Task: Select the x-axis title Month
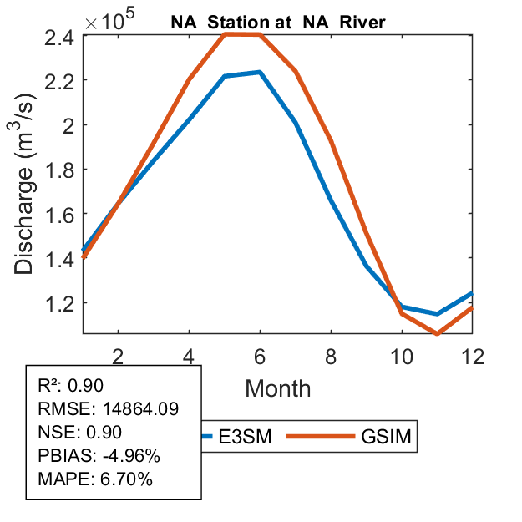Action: [x=278, y=388]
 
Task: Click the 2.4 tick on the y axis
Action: [x=60, y=36]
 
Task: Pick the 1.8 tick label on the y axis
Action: [x=60, y=170]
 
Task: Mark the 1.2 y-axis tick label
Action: [x=60, y=302]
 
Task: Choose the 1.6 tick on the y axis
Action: [x=60, y=214]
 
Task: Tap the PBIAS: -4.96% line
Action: [x=99, y=456]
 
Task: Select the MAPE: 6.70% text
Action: [x=94, y=479]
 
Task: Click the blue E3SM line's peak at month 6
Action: [x=261, y=72]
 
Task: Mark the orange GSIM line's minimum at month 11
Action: [x=438, y=334]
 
